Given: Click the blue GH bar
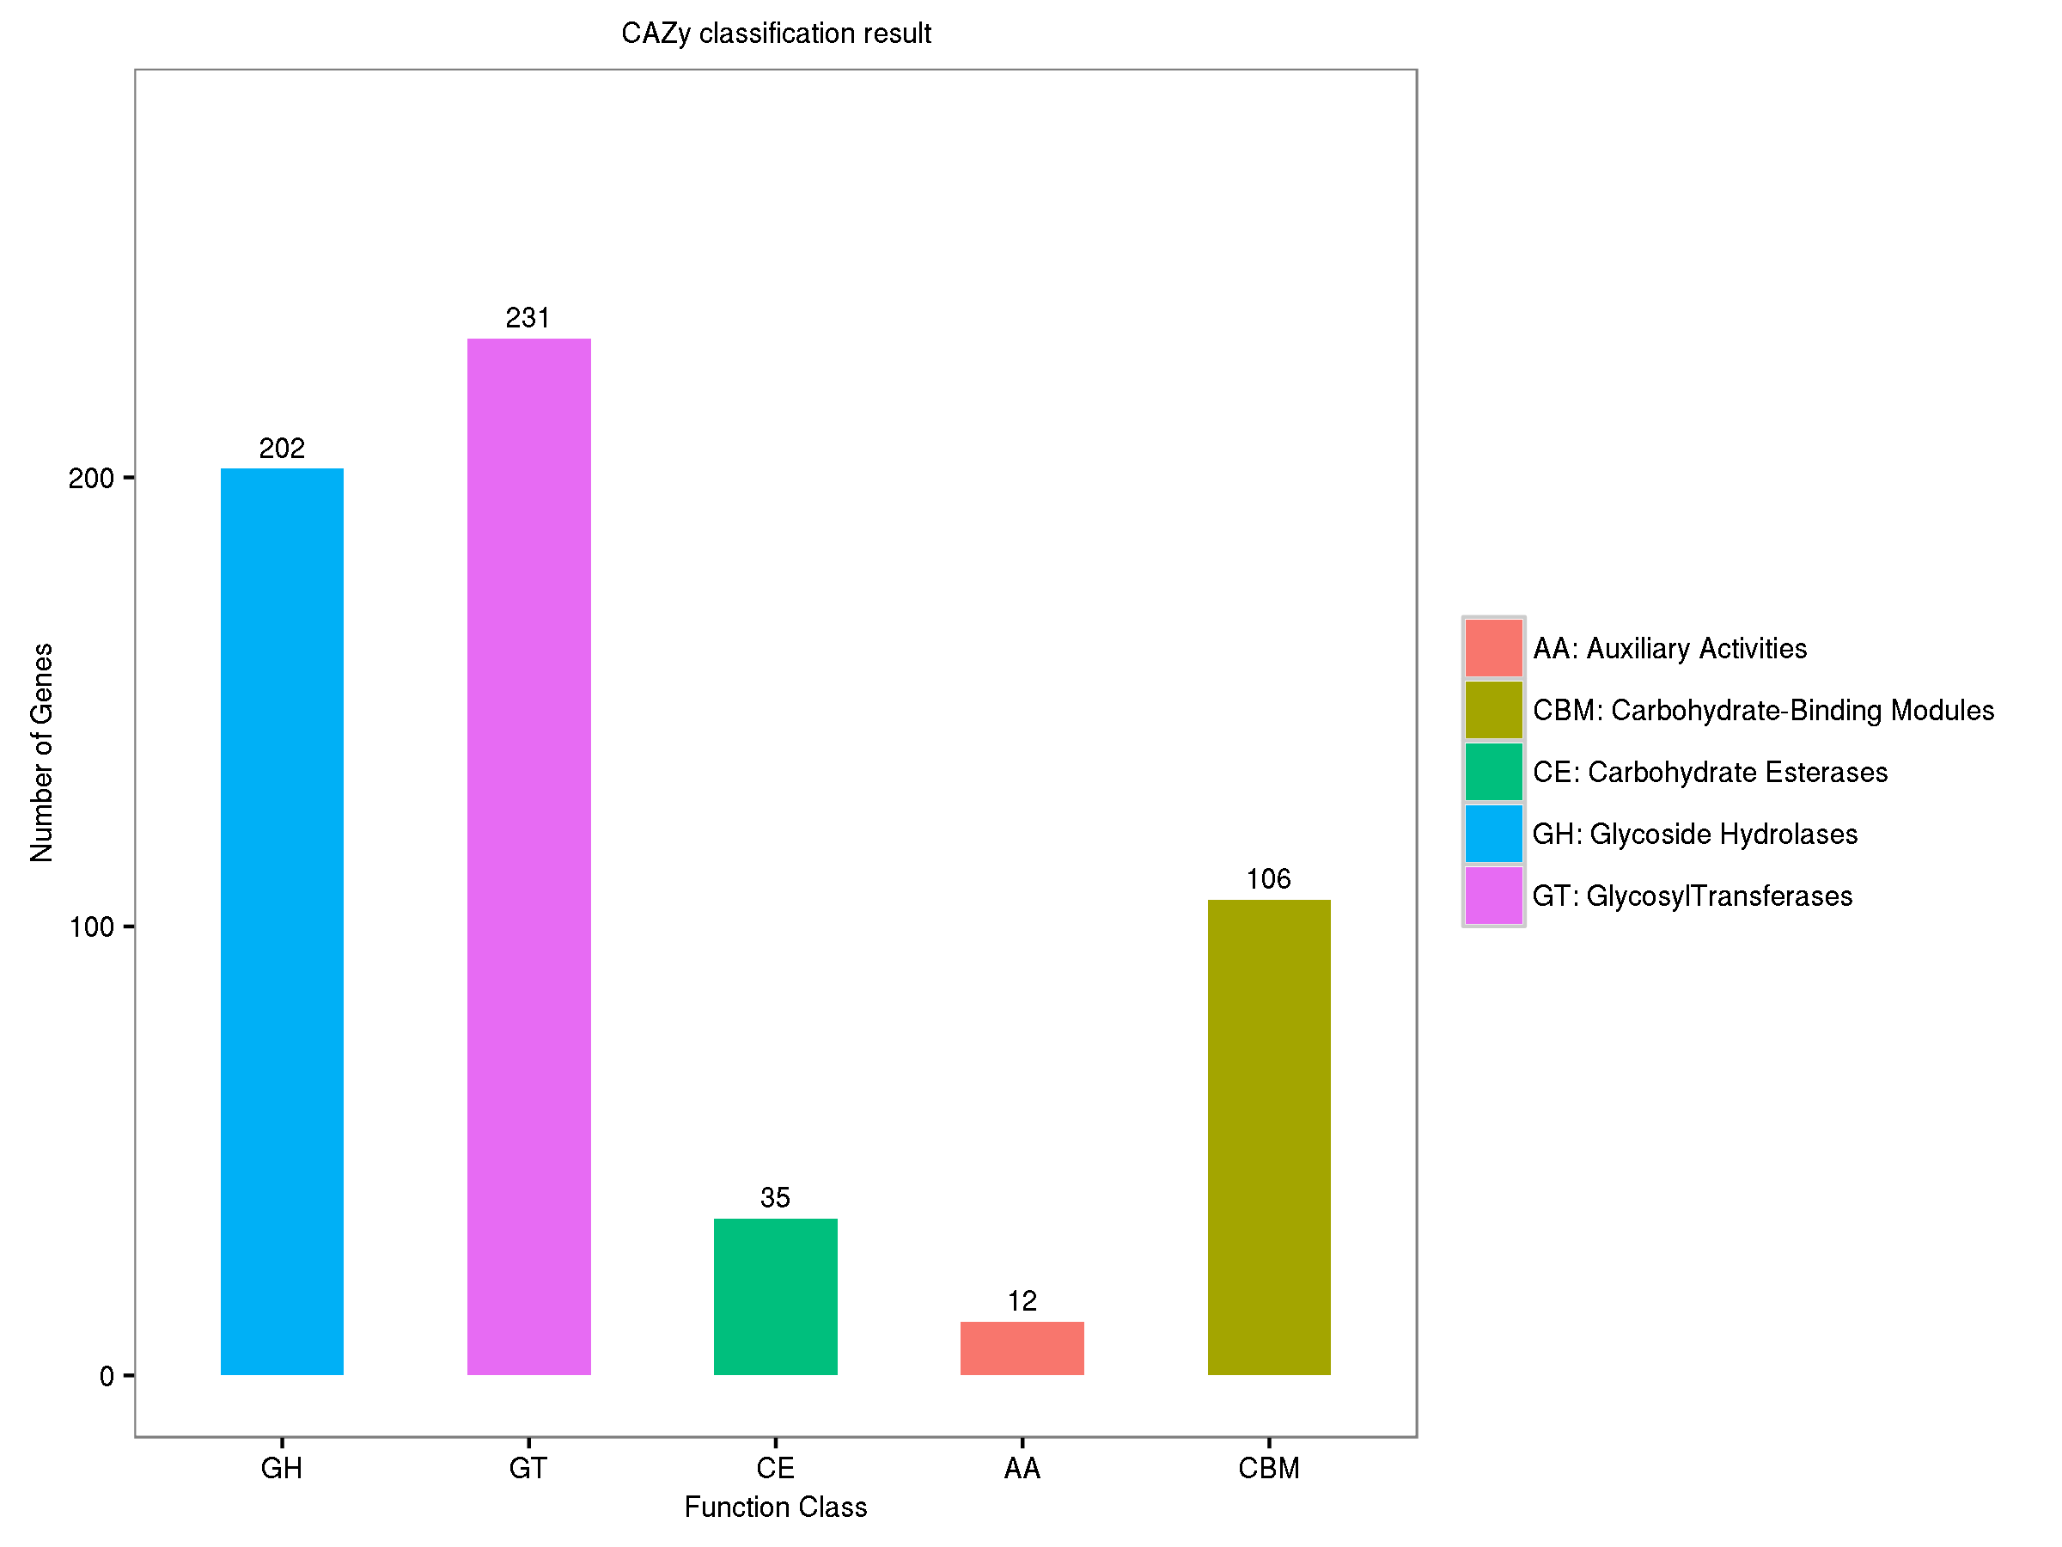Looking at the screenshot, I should pos(282,921).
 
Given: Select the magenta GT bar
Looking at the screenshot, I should pos(528,856).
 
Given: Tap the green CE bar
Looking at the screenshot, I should pos(775,1296).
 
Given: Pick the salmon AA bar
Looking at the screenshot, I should pos(1022,1348).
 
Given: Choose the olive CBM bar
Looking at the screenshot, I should pos(1269,1137).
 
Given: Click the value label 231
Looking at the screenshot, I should pos(528,318).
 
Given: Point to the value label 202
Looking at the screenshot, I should pos(282,449).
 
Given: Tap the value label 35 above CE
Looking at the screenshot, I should pos(775,1197).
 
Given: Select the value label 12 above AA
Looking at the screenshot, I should pos(1022,1301).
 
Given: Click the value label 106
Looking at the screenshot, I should pos(1269,878).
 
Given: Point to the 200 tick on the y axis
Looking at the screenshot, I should pos(91,479).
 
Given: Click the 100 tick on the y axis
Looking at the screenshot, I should pos(91,926).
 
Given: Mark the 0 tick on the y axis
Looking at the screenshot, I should pos(107,1376).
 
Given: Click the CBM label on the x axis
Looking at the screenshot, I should pos(1269,1469).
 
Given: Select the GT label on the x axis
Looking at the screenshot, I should pos(528,1469).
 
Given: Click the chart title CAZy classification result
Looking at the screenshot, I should pos(776,34).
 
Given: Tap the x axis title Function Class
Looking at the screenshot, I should pos(776,1507).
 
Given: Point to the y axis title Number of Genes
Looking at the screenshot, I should pos(42,753).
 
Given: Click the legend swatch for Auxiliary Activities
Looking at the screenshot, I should pos(1493,648).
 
